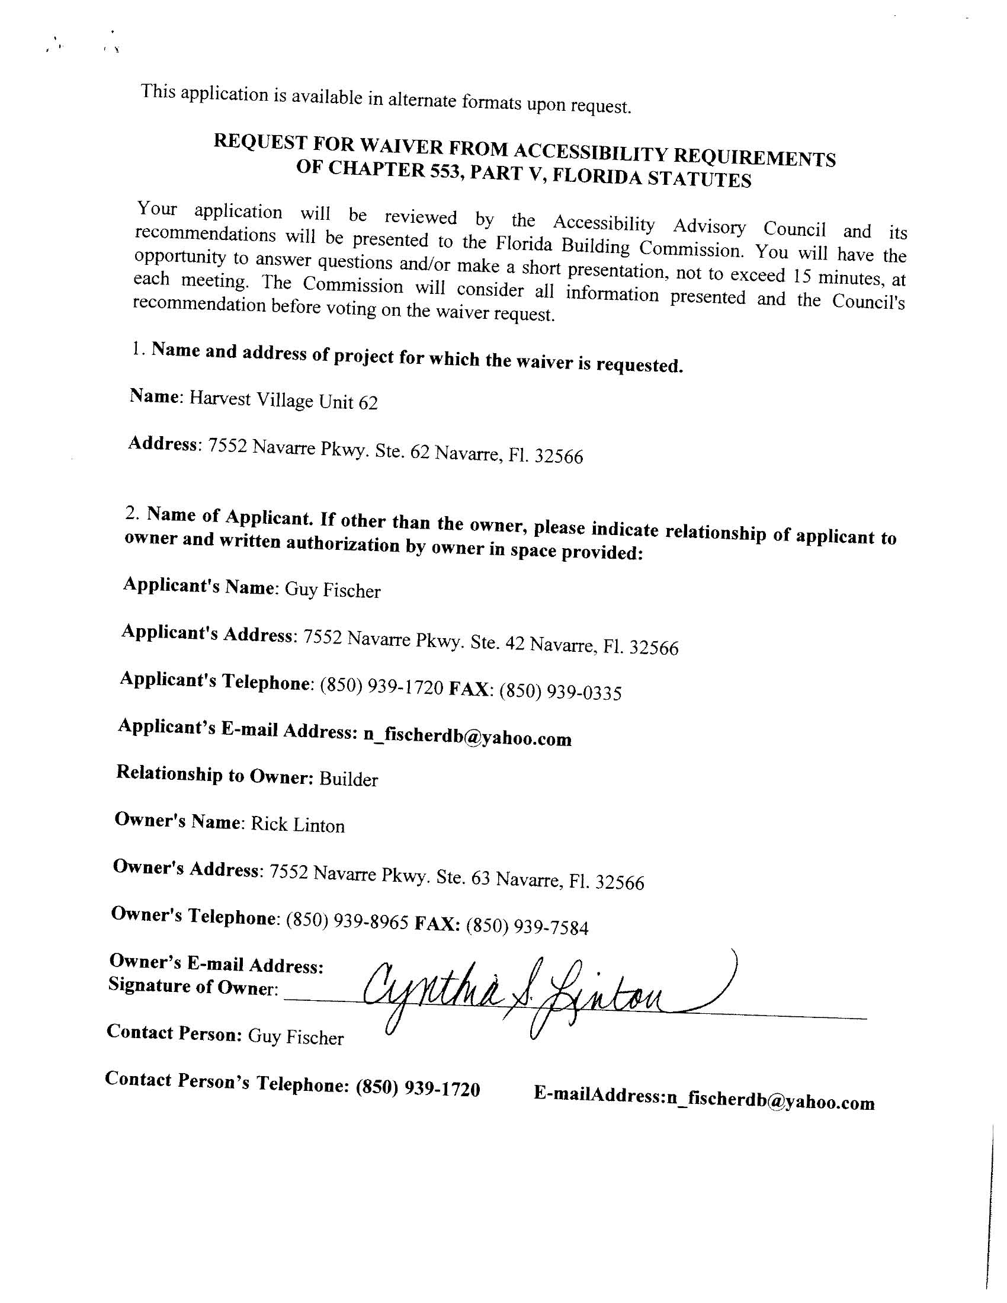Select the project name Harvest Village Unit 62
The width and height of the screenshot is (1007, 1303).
[x=283, y=401]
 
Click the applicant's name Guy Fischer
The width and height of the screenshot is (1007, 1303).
[x=332, y=590]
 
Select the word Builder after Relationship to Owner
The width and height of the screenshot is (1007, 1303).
[x=348, y=779]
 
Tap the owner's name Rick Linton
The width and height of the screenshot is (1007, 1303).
[x=298, y=825]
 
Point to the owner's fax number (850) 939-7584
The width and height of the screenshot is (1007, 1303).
[x=527, y=927]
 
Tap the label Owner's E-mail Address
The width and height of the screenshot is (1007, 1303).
[x=217, y=963]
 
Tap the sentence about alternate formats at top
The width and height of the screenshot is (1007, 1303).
[x=385, y=99]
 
